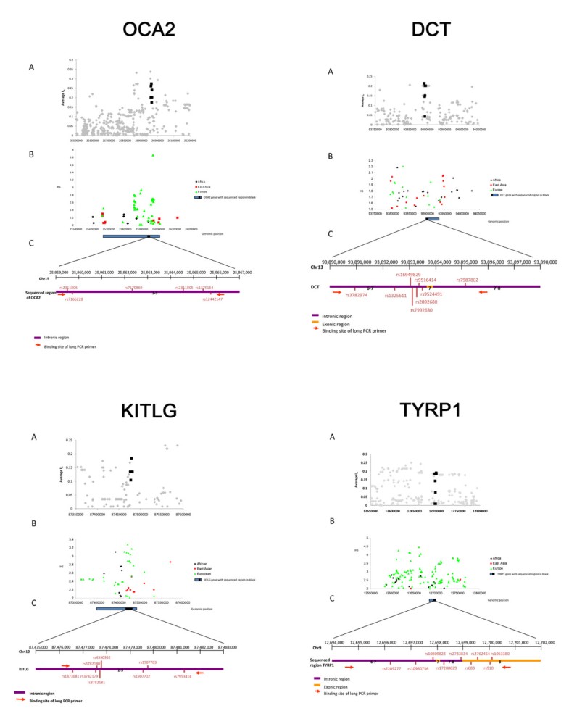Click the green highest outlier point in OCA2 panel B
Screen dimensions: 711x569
[x=153, y=155]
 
